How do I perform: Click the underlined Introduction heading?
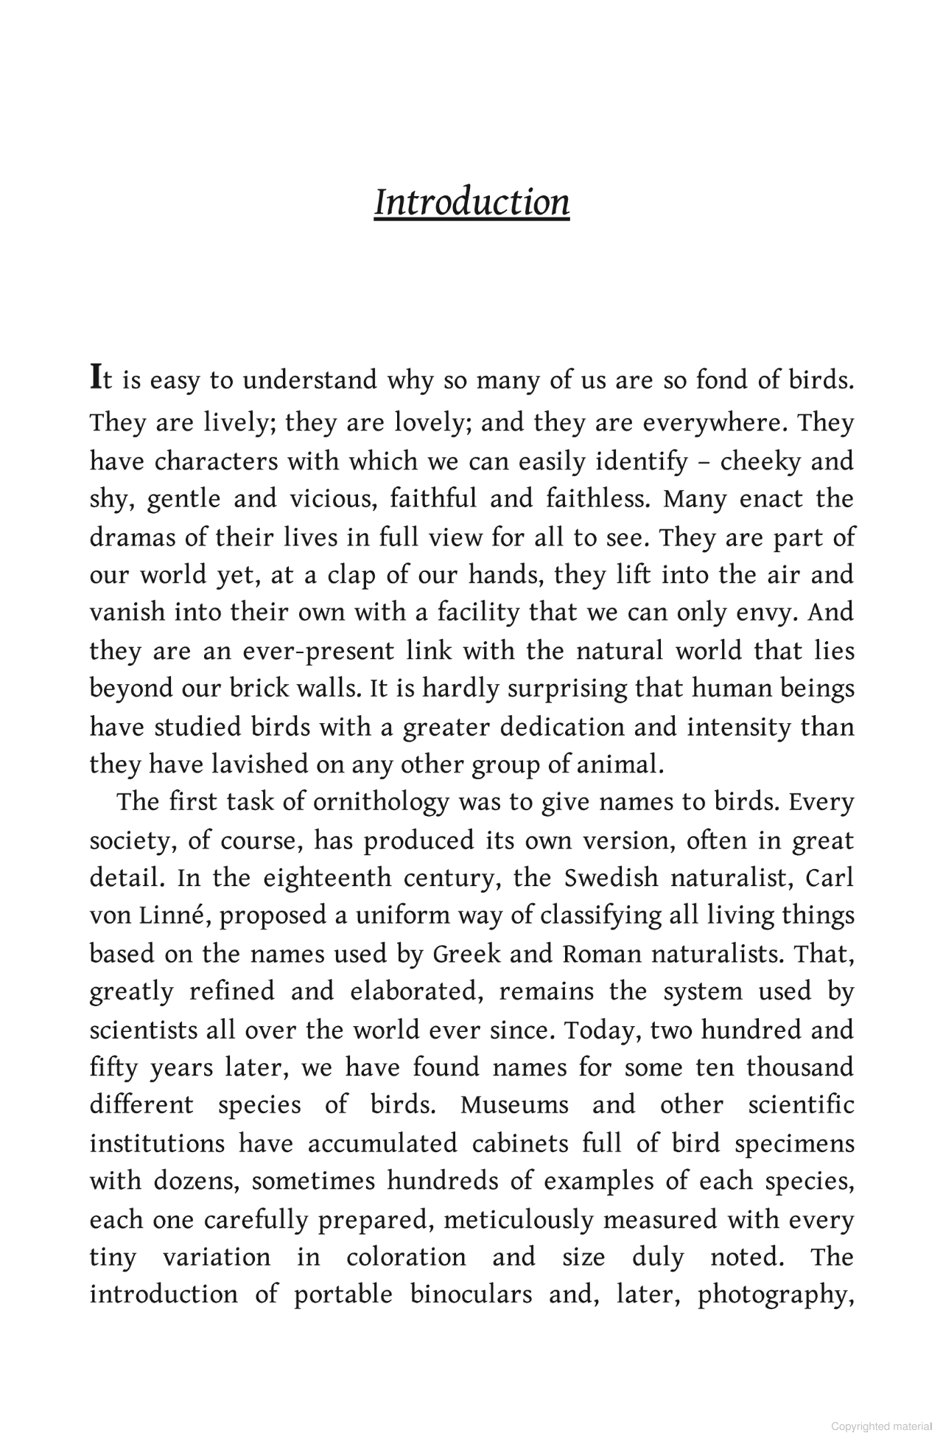pyautogui.click(x=471, y=203)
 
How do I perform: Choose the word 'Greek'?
pyautogui.click(x=466, y=954)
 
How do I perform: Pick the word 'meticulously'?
pyautogui.click(x=518, y=1220)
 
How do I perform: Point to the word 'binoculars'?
pyautogui.click(x=471, y=1295)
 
